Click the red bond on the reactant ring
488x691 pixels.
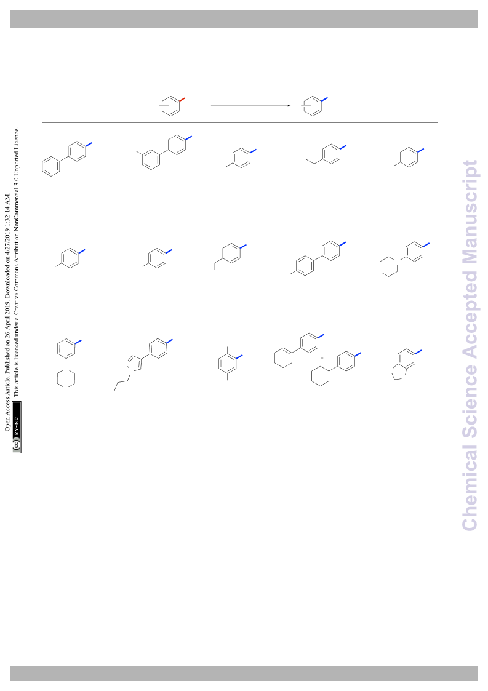182,100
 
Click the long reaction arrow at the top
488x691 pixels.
250,106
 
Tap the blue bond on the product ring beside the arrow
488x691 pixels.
324,100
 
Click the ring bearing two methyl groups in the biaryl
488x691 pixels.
151,159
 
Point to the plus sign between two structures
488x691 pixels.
322,358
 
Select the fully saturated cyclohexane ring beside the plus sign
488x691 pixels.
320,377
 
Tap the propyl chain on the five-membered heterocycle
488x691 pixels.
121,383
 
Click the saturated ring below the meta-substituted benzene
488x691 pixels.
66,378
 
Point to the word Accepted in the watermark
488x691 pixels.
470,314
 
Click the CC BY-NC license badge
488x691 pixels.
17,427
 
